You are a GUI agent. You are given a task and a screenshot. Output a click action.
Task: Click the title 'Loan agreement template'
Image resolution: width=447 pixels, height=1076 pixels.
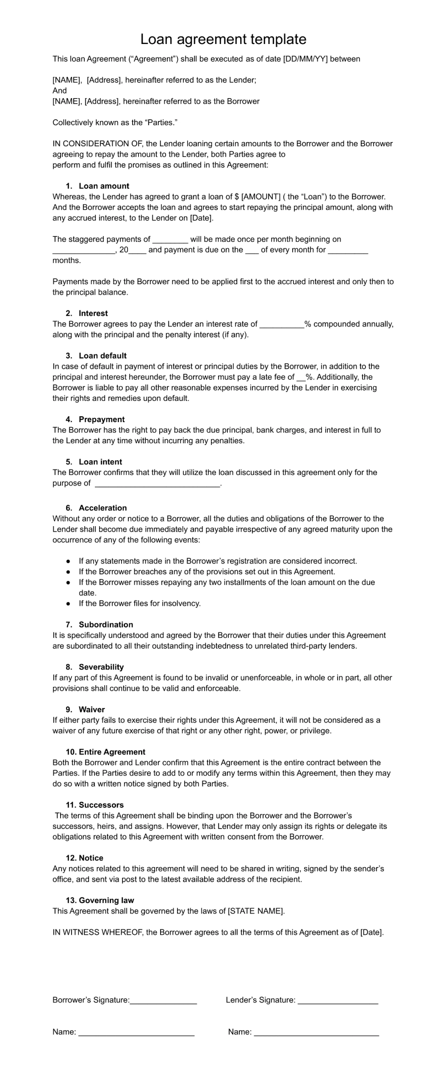coord(223,39)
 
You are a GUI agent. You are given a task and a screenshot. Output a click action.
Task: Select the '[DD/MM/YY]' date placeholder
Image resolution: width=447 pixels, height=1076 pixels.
coord(306,59)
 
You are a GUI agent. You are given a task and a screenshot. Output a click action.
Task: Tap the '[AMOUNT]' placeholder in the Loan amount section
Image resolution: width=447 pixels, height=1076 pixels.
coord(261,197)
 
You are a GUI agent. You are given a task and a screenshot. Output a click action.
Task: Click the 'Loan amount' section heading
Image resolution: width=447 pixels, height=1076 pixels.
coord(104,186)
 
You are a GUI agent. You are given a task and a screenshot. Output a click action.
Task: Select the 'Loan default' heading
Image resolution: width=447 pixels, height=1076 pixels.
coord(103,356)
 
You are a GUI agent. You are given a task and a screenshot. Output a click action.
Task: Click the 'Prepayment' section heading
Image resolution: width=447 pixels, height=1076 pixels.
coord(102,419)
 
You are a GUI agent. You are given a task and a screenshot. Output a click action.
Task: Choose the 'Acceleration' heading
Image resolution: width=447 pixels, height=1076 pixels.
coord(103,508)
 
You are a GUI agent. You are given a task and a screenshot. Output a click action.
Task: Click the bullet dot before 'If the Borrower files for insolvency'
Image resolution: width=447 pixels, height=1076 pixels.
coord(68,604)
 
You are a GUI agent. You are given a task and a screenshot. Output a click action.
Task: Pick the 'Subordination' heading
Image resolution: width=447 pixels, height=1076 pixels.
coord(106,625)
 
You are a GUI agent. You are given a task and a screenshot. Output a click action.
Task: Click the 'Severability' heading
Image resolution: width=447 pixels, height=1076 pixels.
coord(101,667)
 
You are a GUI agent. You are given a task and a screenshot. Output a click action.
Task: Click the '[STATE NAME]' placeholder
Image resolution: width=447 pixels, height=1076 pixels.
coord(256,911)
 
